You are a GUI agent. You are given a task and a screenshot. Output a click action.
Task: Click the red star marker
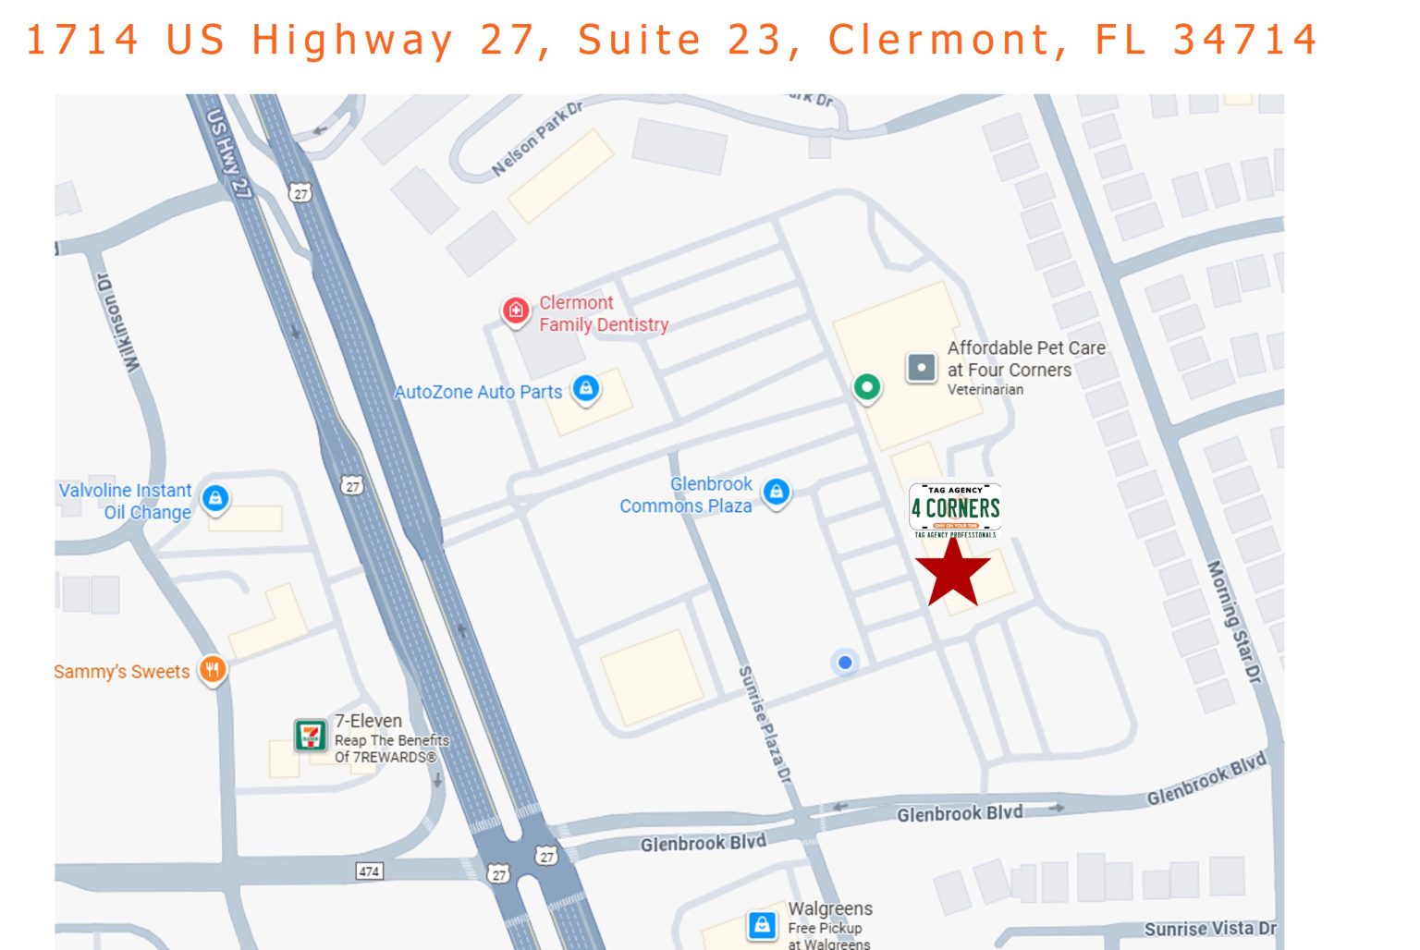coord(952,572)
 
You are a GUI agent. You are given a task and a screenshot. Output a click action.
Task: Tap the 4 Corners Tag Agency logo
coord(955,509)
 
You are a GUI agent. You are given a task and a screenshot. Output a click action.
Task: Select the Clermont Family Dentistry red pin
coord(515,311)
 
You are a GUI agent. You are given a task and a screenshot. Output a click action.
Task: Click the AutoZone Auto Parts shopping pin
coord(585,388)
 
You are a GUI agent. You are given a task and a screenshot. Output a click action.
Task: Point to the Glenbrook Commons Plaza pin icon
coord(777,492)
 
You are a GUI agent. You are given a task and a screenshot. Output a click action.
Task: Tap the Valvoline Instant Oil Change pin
coord(215,499)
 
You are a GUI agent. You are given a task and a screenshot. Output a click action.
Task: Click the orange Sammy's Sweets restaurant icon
coord(213,669)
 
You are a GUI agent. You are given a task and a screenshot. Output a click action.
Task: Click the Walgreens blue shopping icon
coord(761,924)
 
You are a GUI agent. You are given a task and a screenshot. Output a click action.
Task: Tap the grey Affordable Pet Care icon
coord(922,367)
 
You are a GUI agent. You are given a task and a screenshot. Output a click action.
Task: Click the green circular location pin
coord(866,386)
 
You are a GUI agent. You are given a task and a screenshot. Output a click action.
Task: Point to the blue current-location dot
coord(844,662)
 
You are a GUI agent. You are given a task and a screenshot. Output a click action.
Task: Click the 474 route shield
coord(369,871)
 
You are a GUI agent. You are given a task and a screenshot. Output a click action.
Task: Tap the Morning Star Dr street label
coord(1234,621)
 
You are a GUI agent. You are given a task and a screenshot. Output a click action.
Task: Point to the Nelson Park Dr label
coord(537,139)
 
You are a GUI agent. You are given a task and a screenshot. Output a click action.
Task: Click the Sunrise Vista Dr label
coord(1209,929)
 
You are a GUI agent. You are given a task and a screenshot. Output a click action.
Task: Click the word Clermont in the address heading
coord(938,40)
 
